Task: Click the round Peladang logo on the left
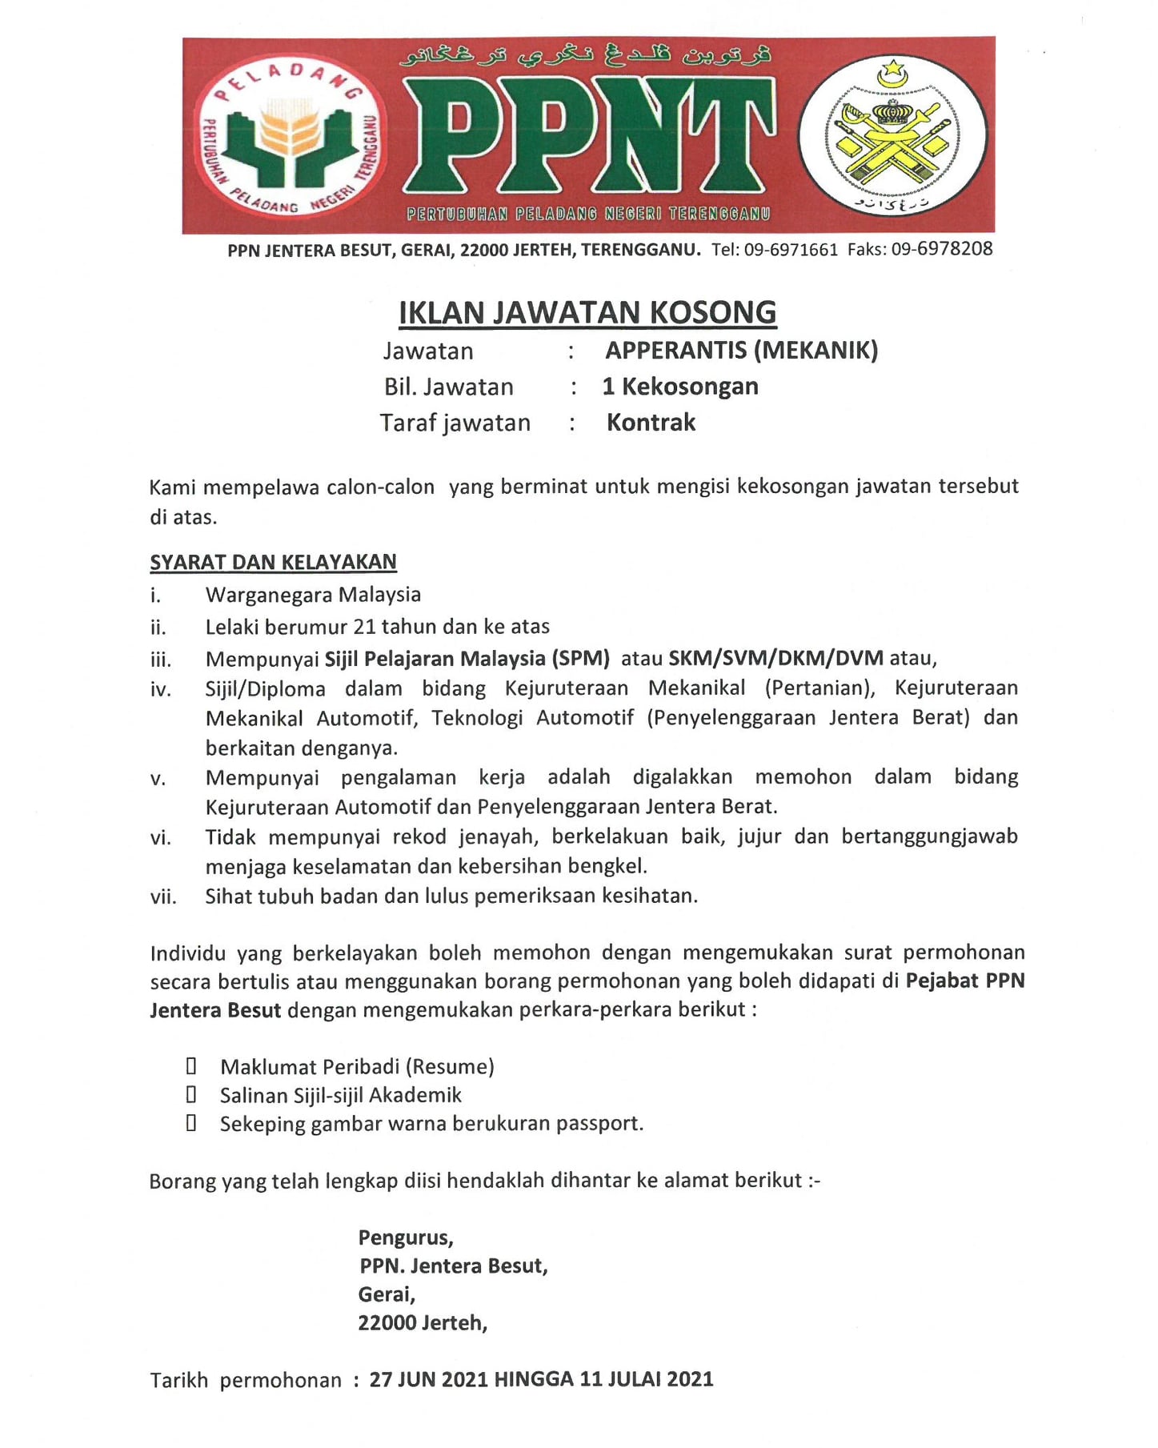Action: (290, 137)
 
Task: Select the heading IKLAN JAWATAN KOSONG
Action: (587, 312)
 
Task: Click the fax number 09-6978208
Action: (942, 249)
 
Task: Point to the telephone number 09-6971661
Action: (791, 250)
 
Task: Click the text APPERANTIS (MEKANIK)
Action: (741, 351)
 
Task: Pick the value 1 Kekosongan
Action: (680, 387)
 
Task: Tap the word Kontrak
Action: (651, 423)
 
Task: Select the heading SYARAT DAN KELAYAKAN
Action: (273, 562)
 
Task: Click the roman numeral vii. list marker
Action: (162, 896)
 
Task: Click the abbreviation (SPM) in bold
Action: (580, 659)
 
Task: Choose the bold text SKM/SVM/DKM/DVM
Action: (775, 659)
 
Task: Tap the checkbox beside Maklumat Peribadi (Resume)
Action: (191, 1066)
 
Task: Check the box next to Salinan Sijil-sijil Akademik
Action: (191, 1095)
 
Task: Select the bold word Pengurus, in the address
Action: (406, 1237)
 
